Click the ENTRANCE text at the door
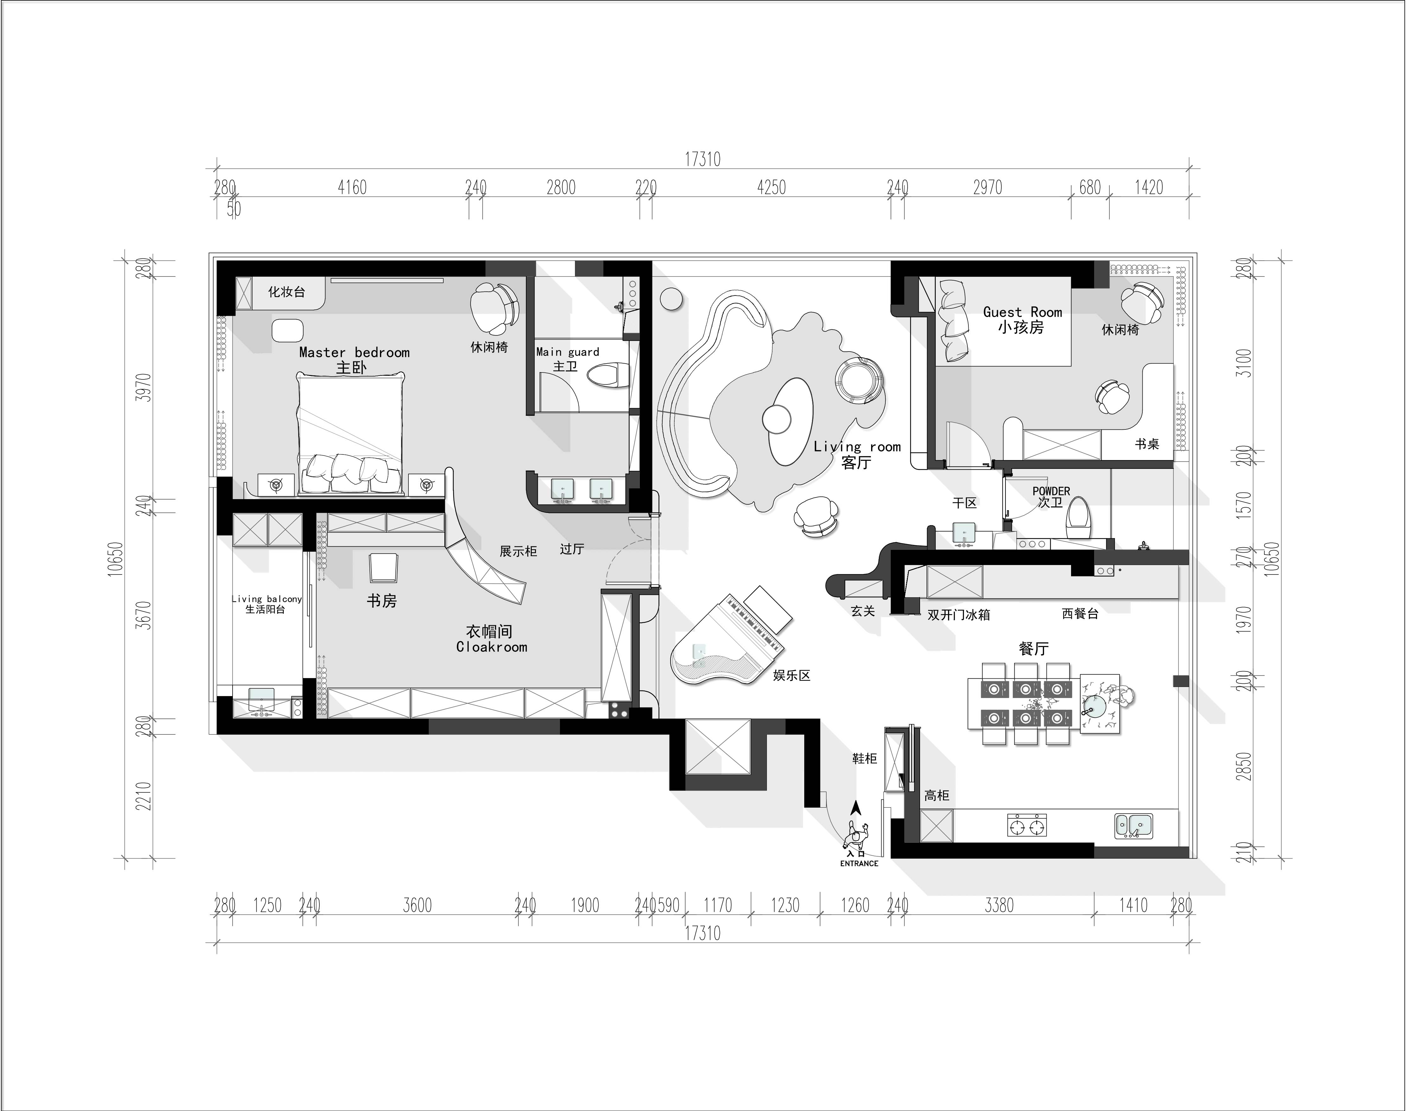(859, 863)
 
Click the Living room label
(857, 447)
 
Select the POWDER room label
(1051, 491)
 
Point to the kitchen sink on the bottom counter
(1133, 825)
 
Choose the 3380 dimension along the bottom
(999, 905)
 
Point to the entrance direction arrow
(857, 809)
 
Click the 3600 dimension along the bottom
(417, 905)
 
